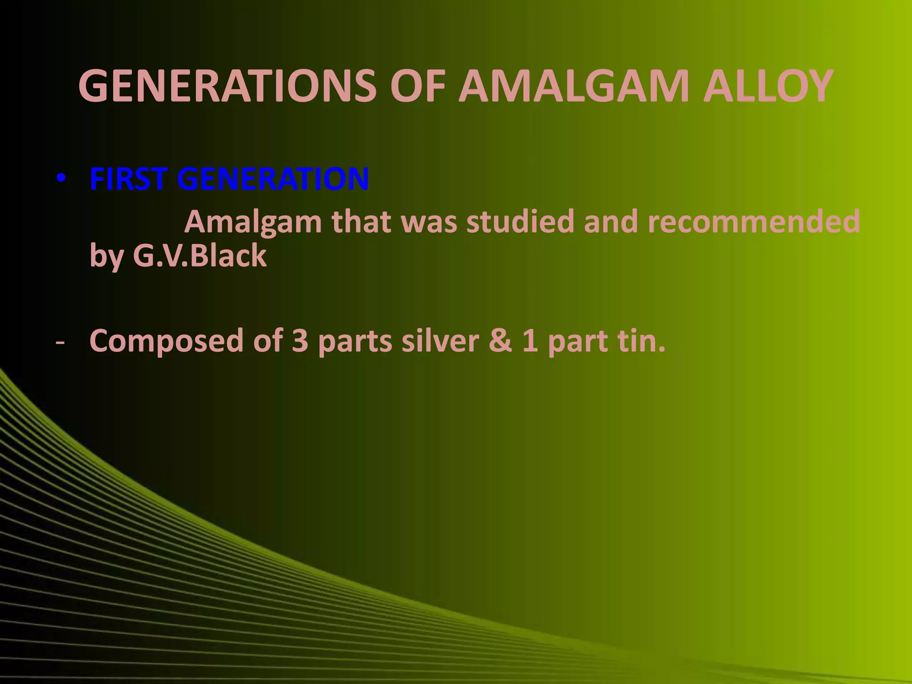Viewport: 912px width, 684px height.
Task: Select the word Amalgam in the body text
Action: pyautogui.click(x=253, y=222)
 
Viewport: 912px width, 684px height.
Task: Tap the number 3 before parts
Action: pyautogui.click(x=300, y=341)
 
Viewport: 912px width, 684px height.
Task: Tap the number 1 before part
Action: pyautogui.click(x=529, y=341)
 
